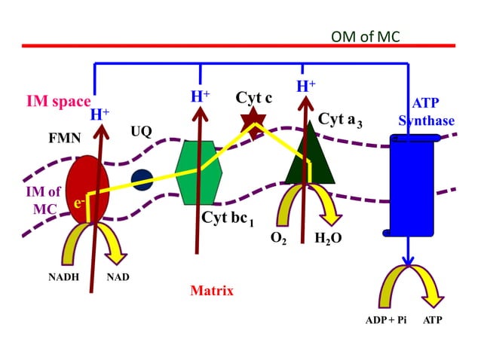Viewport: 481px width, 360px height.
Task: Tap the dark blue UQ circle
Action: coord(142,179)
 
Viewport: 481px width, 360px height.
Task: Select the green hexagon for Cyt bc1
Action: coord(201,172)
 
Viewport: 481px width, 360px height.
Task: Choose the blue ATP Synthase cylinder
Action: coord(412,181)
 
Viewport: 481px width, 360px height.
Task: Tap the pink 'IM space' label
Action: coord(58,102)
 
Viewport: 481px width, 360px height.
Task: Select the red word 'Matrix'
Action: coord(211,291)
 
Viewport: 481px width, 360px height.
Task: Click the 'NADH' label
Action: coord(63,277)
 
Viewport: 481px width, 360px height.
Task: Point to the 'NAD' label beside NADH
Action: coord(118,277)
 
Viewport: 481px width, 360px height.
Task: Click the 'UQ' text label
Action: coord(141,131)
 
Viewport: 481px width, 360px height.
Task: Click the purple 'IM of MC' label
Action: coord(44,199)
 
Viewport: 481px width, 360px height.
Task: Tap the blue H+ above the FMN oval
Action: coord(100,114)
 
